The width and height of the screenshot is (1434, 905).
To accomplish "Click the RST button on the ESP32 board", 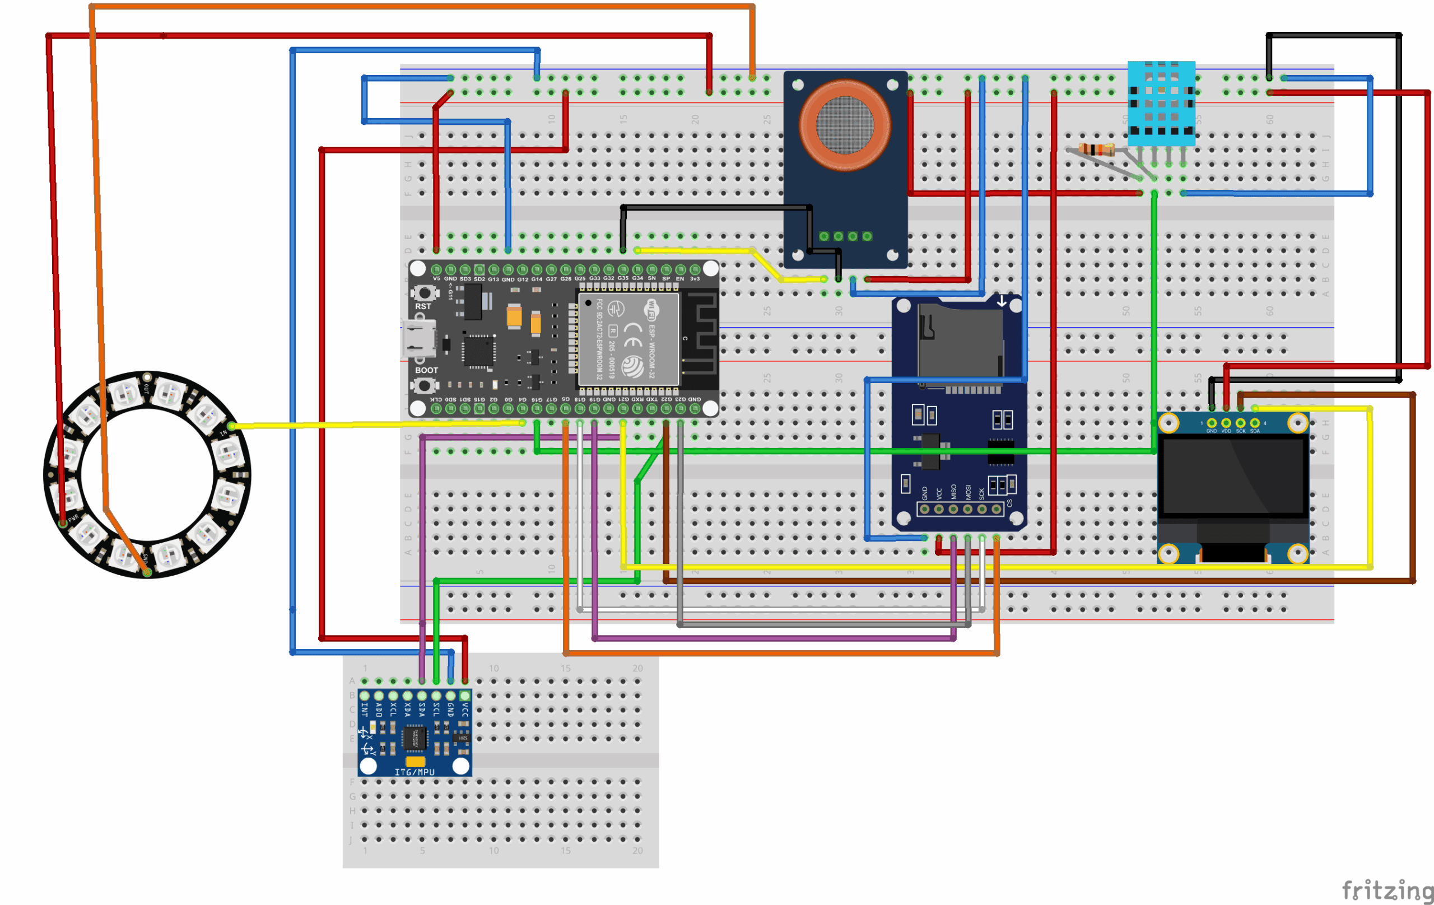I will click(x=424, y=293).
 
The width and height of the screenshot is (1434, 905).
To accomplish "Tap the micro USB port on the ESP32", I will click(x=418, y=338).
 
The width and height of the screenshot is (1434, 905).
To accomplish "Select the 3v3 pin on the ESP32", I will click(x=695, y=270).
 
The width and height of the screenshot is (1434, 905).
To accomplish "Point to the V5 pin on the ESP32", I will click(x=436, y=270).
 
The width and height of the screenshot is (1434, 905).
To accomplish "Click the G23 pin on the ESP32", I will click(x=681, y=408).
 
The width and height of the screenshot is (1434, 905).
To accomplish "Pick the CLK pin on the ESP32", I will click(x=436, y=408).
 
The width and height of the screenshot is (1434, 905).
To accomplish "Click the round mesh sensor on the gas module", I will click(x=845, y=125).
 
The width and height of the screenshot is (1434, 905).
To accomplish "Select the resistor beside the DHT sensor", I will click(x=1097, y=150).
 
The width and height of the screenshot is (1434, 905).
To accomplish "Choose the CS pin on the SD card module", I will click(x=997, y=509).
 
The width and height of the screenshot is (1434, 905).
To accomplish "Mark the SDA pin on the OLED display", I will click(x=1255, y=423).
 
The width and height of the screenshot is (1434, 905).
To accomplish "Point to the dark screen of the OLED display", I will click(x=1233, y=477).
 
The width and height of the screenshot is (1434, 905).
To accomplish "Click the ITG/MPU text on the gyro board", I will click(x=415, y=772).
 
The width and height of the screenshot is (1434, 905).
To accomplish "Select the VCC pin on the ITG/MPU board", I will click(x=465, y=696).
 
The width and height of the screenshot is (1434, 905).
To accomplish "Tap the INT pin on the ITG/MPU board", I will click(x=365, y=696).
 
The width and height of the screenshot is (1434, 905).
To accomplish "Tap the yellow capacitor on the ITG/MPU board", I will click(x=415, y=762).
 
